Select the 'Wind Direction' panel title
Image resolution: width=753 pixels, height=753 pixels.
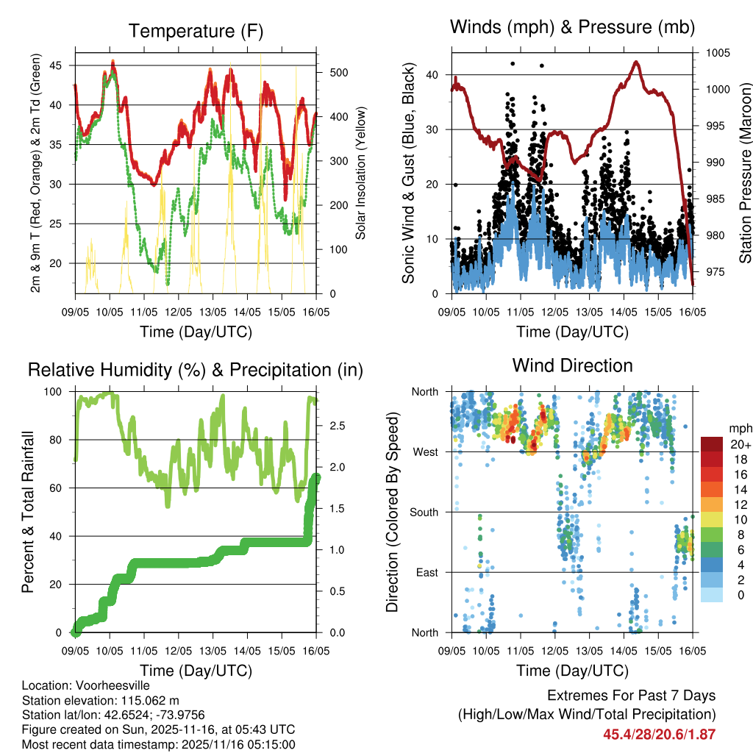572,365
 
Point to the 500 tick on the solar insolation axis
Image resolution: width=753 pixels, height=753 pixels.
332,73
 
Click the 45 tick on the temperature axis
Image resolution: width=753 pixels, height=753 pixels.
63,65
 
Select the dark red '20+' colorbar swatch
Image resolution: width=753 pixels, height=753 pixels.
711,445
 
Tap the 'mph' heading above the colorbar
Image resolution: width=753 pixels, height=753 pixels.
738,428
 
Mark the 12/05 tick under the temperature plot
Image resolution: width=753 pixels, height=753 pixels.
179,312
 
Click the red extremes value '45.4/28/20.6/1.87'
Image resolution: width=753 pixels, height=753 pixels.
659,734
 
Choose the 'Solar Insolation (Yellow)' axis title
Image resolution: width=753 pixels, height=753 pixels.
361,174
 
